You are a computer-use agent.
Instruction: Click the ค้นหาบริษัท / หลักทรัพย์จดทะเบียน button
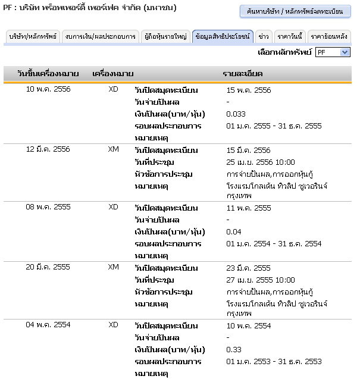(x=295, y=12)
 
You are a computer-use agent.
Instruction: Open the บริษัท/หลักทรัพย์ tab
(x=33, y=37)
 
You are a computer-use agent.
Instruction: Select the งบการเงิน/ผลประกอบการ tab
(x=101, y=37)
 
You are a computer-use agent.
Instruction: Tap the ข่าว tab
(x=264, y=37)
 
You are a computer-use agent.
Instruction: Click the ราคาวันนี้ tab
(x=290, y=37)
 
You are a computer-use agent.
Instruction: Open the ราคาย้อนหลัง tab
(x=329, y=37)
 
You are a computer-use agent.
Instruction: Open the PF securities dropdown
(x=333, y=52)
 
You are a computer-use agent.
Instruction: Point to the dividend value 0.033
(x=236, y=114)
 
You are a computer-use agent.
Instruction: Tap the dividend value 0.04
(x=234, y=232)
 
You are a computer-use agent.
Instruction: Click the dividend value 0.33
(x=234, y=350)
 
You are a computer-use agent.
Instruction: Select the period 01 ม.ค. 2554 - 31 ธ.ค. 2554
(x=274, y=244)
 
